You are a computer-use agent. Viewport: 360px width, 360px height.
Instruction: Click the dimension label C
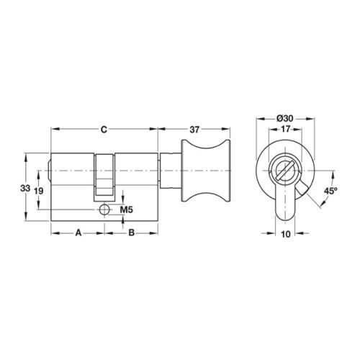(104, 130)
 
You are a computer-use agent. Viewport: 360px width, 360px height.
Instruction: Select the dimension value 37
(194, 130)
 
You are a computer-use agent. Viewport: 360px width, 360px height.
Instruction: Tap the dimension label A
(78, 233)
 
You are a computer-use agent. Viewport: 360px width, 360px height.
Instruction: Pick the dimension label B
(131, 233)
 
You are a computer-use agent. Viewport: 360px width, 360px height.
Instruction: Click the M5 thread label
(126, 210)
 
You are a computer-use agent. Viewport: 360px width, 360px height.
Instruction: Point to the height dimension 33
(25, 188)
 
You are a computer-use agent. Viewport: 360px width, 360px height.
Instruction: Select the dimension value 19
(38, 192)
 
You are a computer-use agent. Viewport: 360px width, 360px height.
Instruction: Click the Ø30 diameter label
(285, 118)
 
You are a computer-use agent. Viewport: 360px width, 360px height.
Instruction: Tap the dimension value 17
(285, 129)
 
